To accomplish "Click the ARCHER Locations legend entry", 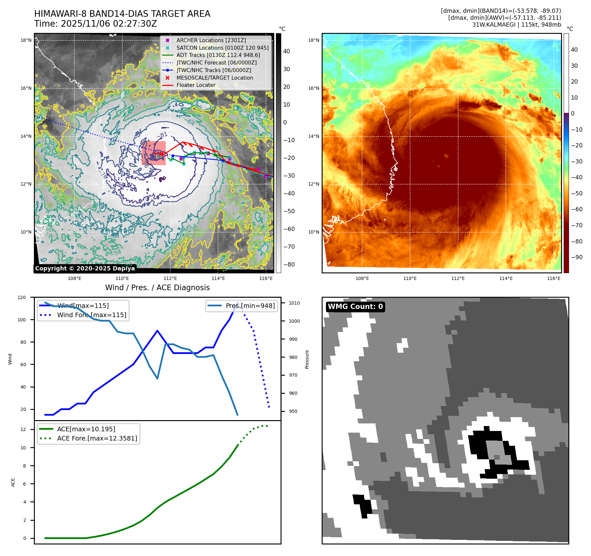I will coord(211,40).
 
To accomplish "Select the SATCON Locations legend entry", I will coord(222,48).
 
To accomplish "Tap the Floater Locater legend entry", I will coord(196,85).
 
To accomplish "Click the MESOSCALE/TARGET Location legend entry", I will coord(214,78).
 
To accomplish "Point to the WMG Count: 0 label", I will coord(355,307).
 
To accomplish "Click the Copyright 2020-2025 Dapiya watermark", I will coord(85,268).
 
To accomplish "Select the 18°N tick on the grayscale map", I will coord(26,40).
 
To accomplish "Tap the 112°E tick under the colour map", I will coord(458,278).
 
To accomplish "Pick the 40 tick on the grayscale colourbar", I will coord(286,51).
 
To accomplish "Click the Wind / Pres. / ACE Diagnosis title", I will coord(157,288).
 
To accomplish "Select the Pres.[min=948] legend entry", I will coord(250,306).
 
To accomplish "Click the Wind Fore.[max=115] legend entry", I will coord(91,315).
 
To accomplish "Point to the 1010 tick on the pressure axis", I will coord(294,303).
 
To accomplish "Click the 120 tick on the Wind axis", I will coord(22,297).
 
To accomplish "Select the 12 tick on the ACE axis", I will coord(23,429).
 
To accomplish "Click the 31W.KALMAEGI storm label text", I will coord(516,25).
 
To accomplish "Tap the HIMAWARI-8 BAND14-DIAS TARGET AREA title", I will coord(122,14).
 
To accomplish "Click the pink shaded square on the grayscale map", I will coord(154,153).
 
